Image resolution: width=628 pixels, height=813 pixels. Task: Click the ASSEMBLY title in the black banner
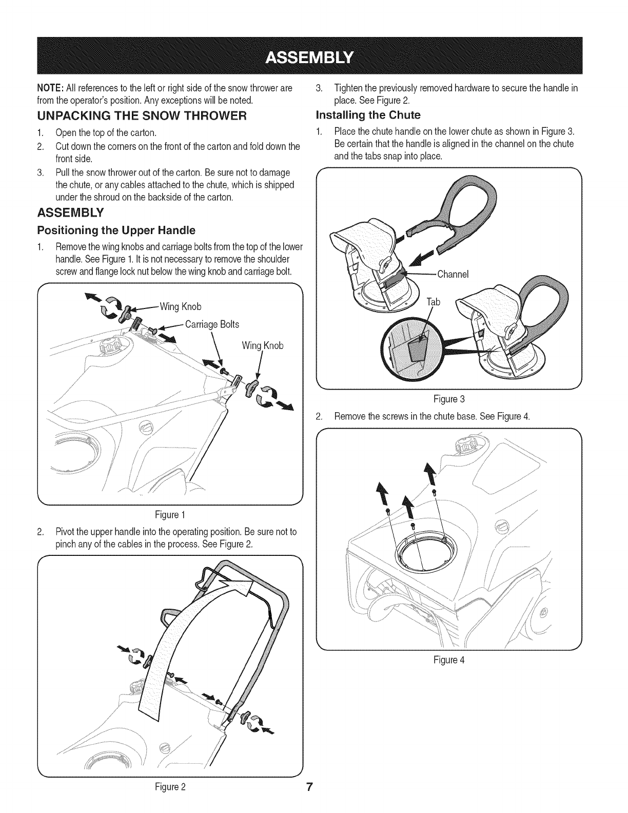[313, 56]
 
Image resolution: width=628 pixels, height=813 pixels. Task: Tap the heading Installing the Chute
[368, 114]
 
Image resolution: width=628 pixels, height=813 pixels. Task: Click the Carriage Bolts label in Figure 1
[211, 324]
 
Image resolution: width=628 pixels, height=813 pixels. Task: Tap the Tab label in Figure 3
[434, 302]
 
